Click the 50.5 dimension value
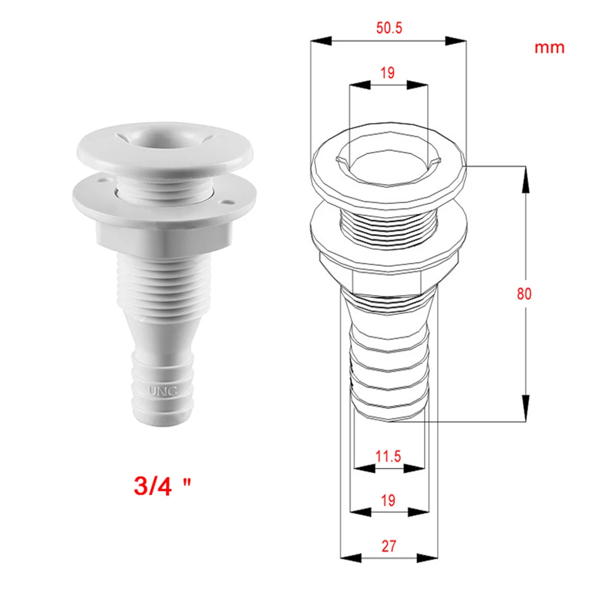(389, 28)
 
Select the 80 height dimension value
(524, 294)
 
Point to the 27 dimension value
(389, 546)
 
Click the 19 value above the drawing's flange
(388, 73)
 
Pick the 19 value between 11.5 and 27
(388, 500)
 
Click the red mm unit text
(549, 47)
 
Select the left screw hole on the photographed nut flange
(99, 178)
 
